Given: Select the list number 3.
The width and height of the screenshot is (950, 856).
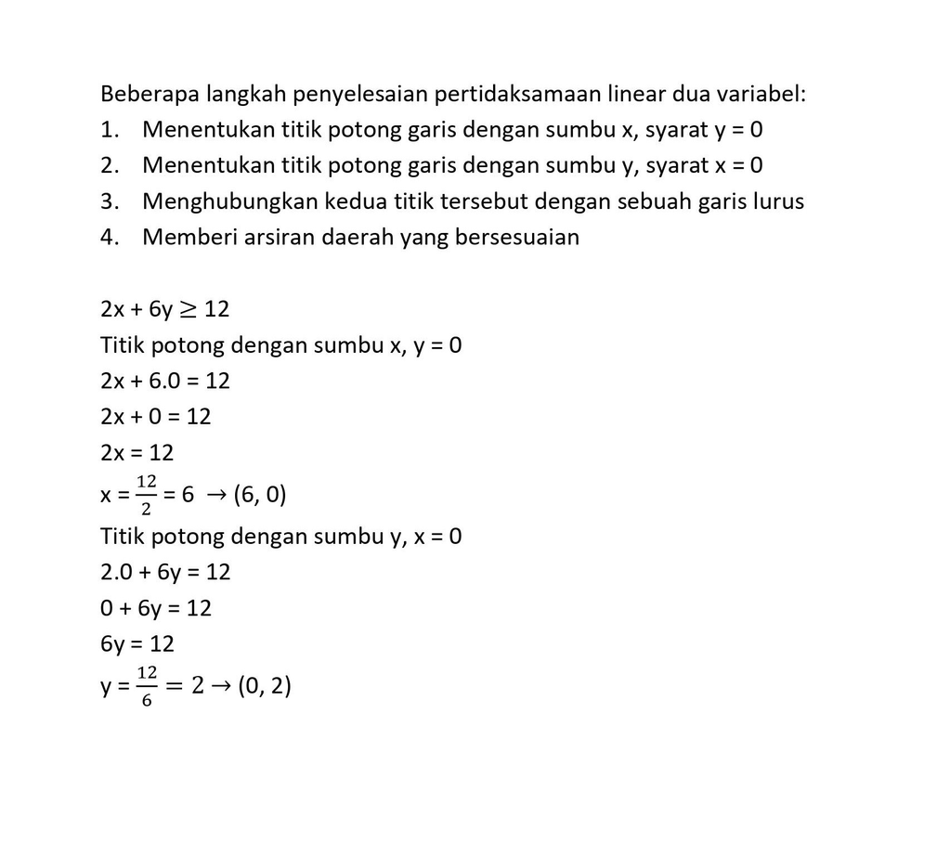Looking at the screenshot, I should coord(110,201).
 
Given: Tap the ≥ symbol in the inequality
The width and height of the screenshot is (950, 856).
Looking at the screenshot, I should coord(188,309).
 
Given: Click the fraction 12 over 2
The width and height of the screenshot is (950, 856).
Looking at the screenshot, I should coord(146,495).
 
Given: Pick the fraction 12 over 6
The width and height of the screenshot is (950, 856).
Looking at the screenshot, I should coord(146,686).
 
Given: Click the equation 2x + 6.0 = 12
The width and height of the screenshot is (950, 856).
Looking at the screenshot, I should coord(165,381).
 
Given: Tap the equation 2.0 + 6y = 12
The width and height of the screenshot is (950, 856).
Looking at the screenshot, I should coord(165,572).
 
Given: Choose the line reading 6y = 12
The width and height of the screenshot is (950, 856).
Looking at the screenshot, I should coord(137,643).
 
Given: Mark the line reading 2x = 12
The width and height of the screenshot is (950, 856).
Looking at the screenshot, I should coord(137,452).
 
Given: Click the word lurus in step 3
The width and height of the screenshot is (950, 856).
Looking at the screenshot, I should coord(777,201).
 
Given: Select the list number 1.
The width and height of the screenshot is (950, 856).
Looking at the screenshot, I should coord(110,130).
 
